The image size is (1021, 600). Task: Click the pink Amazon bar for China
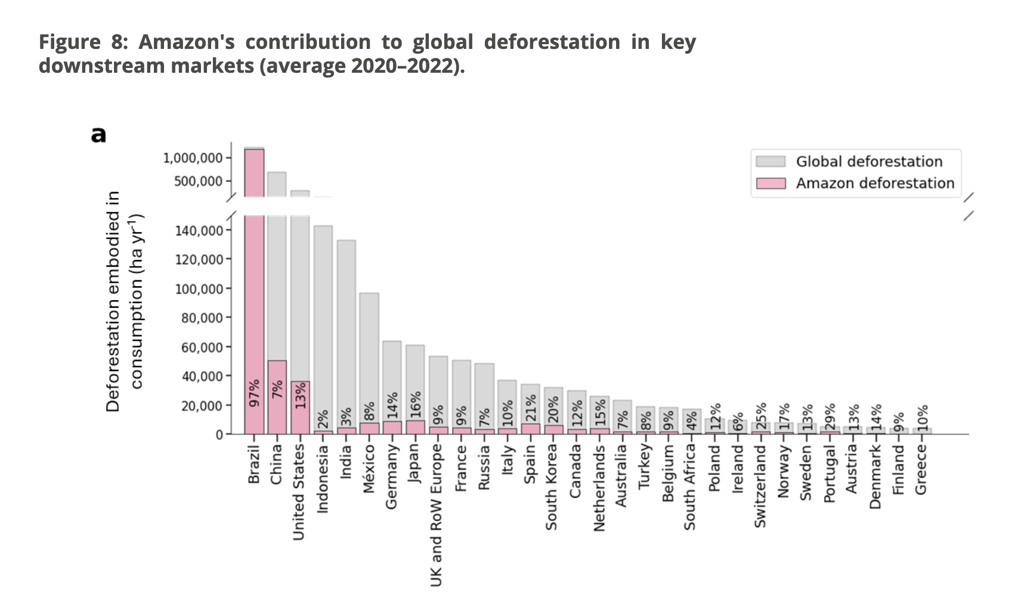277,397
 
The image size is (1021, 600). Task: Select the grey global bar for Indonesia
323,322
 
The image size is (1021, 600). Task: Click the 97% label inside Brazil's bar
255,393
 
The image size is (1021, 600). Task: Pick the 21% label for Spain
531,407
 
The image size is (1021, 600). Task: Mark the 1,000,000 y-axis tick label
192,158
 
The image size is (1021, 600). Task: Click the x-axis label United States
299,492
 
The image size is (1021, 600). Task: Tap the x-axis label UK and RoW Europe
437,515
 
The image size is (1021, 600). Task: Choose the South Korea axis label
552,487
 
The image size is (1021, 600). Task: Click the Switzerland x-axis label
760,486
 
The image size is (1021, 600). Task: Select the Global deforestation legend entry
869,162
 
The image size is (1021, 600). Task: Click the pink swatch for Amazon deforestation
771,183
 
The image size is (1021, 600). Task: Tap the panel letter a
98,135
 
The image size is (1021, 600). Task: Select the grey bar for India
346,334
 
